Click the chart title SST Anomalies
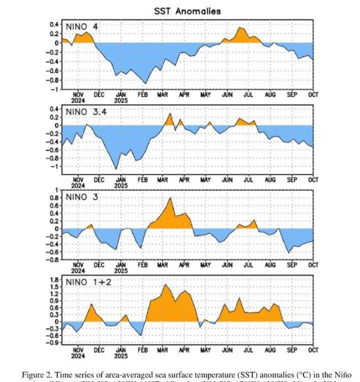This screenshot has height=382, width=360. point(187,11)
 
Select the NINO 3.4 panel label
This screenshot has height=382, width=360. point(86,112)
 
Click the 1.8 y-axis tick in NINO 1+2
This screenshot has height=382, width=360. point(55,281)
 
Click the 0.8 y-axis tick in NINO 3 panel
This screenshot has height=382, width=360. point(55,197)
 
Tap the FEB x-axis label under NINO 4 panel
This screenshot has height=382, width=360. point(142,95)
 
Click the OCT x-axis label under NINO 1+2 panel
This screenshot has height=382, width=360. point(313,350)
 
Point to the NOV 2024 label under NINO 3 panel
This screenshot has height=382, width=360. point(78,268)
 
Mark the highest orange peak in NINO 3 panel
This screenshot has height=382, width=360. point(170,198)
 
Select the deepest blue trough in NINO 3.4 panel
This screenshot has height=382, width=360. point(116,169)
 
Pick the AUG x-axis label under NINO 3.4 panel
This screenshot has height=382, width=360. point(270,180)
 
